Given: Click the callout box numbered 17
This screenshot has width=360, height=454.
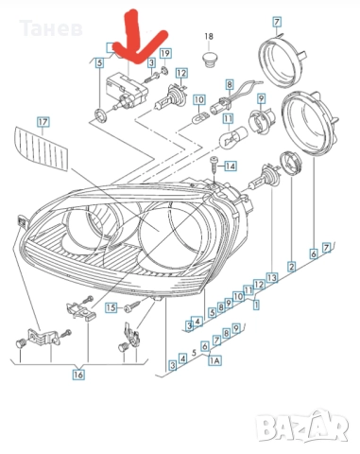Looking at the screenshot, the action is pos(43,122).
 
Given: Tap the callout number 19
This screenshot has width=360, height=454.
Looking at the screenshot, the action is pos(165,54).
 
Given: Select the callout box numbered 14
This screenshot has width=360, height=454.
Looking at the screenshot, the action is pos(231,166).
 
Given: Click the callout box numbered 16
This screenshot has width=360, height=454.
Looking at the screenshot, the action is pos(78,375).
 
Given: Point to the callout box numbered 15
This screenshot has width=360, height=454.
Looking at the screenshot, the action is pos(111,307).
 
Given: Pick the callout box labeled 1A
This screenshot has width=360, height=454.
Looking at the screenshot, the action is pos(214,360).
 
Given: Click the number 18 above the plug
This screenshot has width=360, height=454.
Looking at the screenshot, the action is pos(209,37).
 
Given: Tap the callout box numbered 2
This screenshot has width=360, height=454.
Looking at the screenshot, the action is pos(292,267).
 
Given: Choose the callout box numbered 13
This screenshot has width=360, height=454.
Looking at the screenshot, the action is pos(272,277).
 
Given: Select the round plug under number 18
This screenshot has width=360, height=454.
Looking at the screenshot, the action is pos(209,60).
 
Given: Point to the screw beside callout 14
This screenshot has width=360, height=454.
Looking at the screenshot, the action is pos(214,165).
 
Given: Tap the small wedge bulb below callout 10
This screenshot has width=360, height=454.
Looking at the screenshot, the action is pos(199,119).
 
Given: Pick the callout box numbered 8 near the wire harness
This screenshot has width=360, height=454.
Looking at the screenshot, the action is pos(230,84).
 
